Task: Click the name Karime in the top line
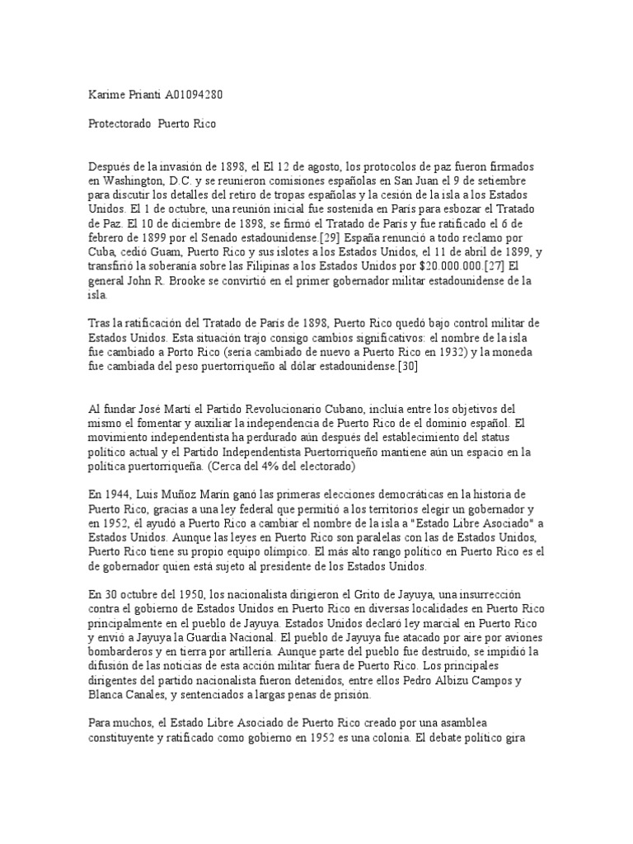coord(108,96)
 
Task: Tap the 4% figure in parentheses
coord(249,467)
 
